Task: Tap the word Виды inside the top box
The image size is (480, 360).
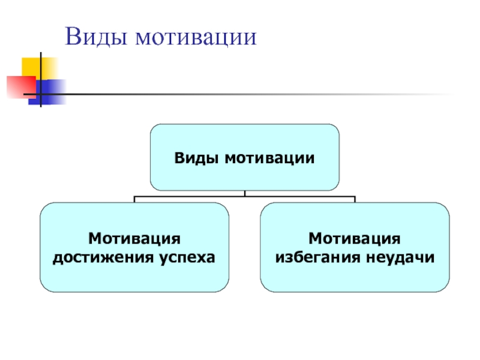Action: pyautogui.click(x=197, y=158)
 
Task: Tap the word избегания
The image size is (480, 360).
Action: pyautogui.click(x=310, y=257)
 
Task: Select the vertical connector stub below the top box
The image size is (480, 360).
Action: pyautogui.click(x=245, y=193)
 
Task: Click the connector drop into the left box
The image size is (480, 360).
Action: pyautogui.click(x=134, y=199)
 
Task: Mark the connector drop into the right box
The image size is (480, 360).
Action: pyautogui.click(x=354, y=199)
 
